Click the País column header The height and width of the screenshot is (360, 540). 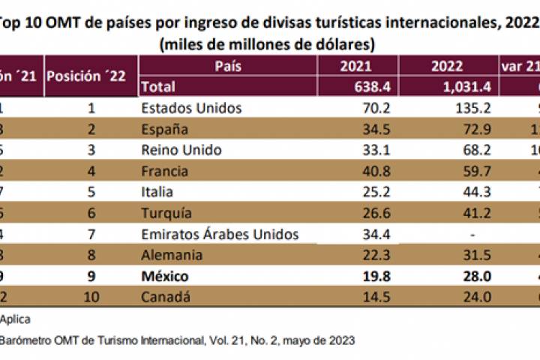point(228,67)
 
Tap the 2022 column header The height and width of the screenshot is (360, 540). point(447,67)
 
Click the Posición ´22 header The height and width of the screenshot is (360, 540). point(90,76)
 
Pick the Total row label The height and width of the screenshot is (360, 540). point(158,87)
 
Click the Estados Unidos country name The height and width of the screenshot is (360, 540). point(191,108)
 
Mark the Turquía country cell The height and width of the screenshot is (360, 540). point(165,214)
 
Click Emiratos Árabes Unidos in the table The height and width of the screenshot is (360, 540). point(220,235)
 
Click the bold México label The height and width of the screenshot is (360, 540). point(165,277)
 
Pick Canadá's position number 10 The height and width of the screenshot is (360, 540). point(91,298)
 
